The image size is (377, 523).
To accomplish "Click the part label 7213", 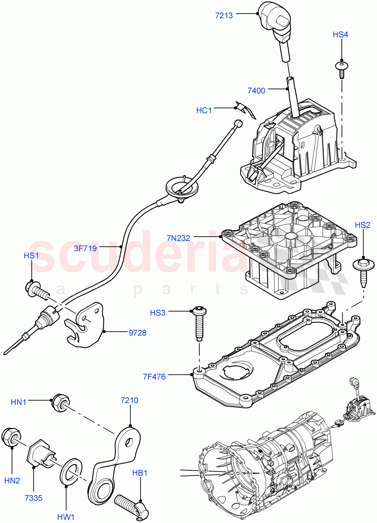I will click(x=224, y=15).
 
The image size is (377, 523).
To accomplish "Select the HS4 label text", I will click(x=340, y=34).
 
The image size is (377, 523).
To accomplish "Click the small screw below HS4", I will click(x=342, y=68).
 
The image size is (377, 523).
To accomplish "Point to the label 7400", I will click(x=256, y=91).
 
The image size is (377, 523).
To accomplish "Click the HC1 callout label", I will click(x=204, y=110).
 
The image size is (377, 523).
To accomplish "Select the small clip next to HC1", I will click(x=244, y=109).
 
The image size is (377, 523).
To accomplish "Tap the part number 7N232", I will click(x=178, y=238).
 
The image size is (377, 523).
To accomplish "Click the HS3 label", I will click(x=158, y=312).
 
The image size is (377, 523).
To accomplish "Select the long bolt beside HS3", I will click(x=199, y=325).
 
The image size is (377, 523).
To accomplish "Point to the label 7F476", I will click(x=154, y=377).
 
